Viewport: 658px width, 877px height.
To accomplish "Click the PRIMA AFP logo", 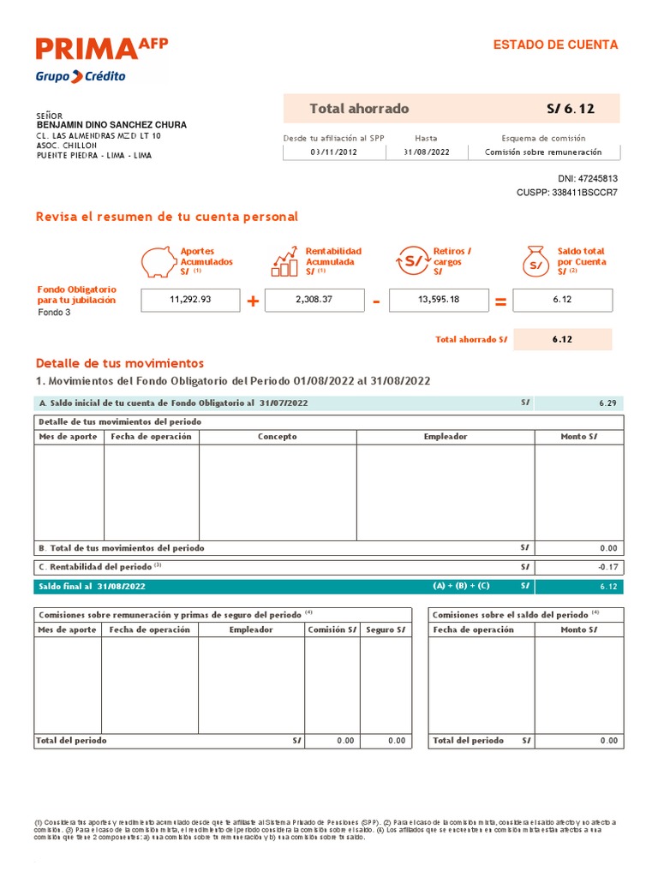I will pyautogui.click(x=102, y=50).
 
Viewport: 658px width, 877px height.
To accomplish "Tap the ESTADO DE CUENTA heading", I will pyautogui.click(x=555, y=45).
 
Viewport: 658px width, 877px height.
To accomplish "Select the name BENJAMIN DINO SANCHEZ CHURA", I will pyautogui.click(x=111, y=125).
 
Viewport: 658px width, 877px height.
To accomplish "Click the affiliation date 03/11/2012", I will pyautogui.click(x=334, y=152).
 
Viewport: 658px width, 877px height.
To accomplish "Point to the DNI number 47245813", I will pyautogui.click(x=598, y=179).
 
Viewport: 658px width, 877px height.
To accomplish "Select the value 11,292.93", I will pyautogui.click(x=190, y=300).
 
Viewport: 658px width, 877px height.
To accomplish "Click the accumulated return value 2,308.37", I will pyautogui.click(x=314, y=300).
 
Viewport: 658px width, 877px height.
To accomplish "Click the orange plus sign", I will pyautogui.click(x=253, y=301).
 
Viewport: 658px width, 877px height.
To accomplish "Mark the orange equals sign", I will pyautogui.click(x=501, y=301).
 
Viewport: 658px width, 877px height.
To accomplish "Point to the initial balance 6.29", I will pyautogui.click(x=608, y=403).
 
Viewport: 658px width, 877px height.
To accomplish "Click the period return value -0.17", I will pyautogui.click(x=607, y=567).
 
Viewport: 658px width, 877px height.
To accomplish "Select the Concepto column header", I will pyautogui.click(x=278, y=437).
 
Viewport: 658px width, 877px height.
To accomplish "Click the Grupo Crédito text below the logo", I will pyautogui.click(x=81, y=76).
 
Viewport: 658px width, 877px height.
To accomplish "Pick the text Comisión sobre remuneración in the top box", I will pyautogui.click(x=543, y=152).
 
